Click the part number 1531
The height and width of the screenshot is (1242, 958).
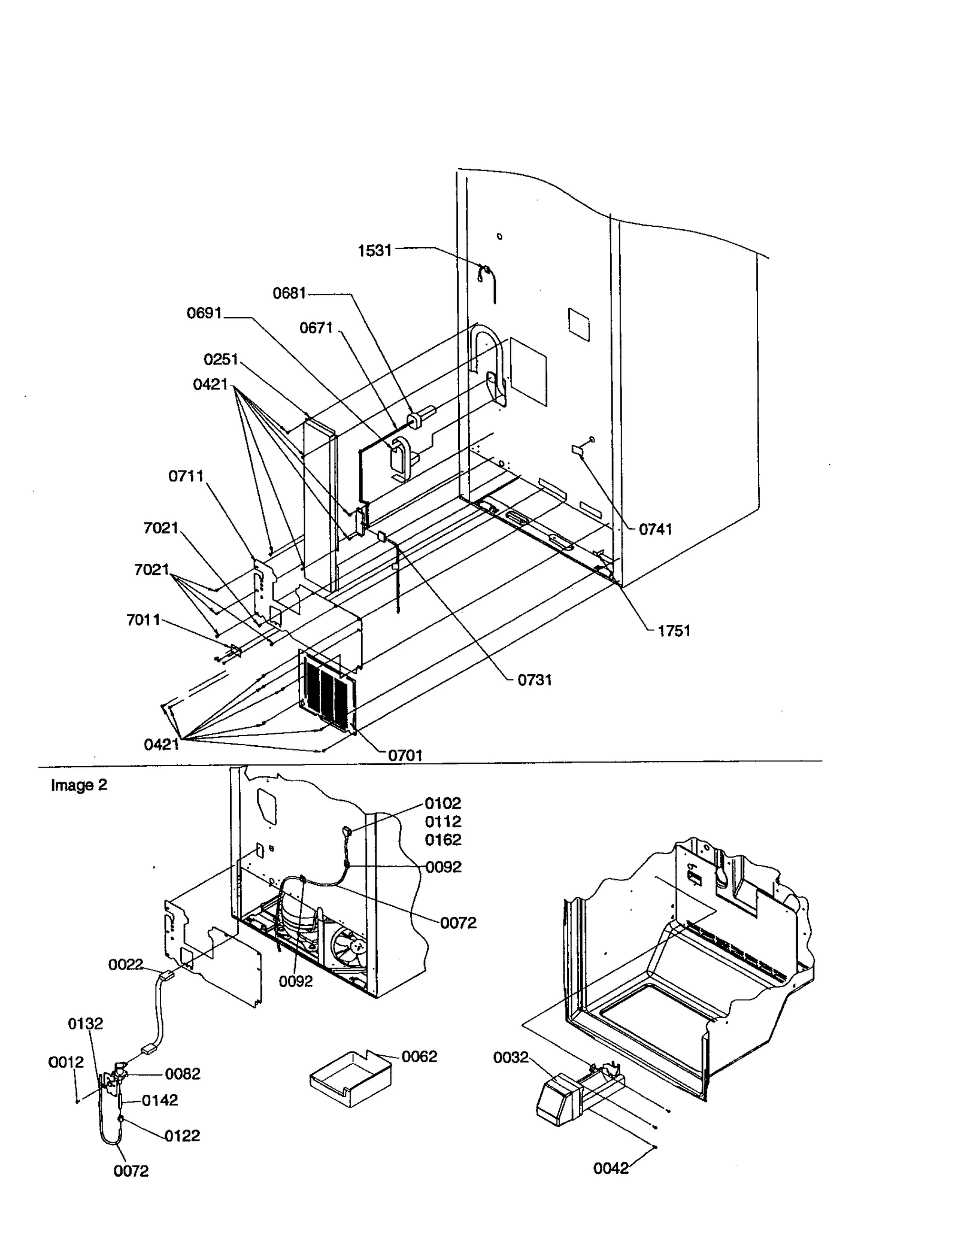tap(374, 250)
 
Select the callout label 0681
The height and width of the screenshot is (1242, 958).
tap(289, 293)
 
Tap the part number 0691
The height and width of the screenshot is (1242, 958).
tap(204, 313)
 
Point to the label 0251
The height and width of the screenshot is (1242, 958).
tap(221, 359)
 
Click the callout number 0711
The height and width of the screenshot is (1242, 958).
tap(186, 476)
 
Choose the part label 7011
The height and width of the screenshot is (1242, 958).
tap(143, 620)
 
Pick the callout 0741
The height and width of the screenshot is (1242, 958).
tap(655, 529)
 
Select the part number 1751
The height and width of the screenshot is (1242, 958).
tap(674, 631)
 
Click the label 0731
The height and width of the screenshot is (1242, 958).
tap(534, 680)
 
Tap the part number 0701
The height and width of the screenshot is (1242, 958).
tap(405, 755)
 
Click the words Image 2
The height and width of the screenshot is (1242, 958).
tap(78, 785)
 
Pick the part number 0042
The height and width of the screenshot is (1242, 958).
tap(611, 1168)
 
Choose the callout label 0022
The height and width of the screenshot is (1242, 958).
tap(125, 964)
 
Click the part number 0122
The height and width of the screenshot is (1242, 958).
tap(182, 1135)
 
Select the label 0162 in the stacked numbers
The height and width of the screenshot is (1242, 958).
tap(443, 840)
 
